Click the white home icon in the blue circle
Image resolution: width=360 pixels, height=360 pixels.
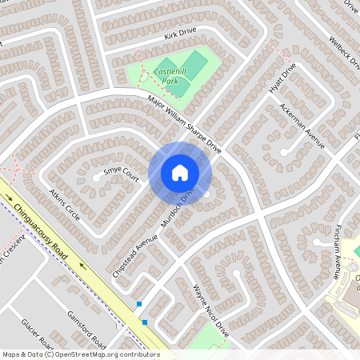tap(179, 173)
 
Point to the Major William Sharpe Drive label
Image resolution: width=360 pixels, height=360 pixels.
tap(184, 124)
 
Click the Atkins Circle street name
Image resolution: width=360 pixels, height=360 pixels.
tap(65, 206)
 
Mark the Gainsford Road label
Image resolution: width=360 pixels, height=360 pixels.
tap(86, 329)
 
